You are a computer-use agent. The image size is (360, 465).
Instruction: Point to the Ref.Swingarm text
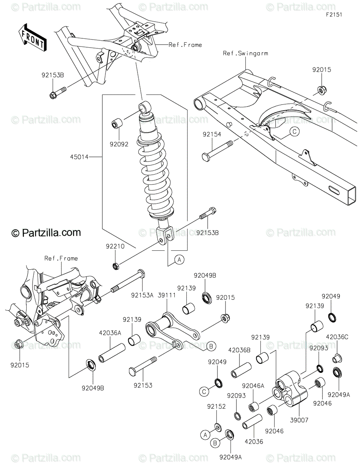pyautogui.click(x=245, y=53)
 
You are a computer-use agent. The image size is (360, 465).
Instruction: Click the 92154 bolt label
pyautogui.click(x=211, y=134)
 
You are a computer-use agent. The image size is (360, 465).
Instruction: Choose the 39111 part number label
pyautogui.click(x=167, y=295)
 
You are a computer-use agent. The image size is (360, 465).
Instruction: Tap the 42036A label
pyautogui.click(x=110, y=332)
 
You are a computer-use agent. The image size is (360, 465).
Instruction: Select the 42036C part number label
pyautogui.click(x=337, y=337)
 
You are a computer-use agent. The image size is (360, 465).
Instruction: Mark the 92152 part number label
pyautogui.click(x=216, y=406)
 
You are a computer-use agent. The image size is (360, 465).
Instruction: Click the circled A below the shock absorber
pyautogui.click(x=179, y=260)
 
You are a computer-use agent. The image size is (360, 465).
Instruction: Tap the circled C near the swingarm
pyautogui.click(x=294, y=132)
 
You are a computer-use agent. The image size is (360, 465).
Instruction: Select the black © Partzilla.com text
pyautogui.click(x=46, y=232)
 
